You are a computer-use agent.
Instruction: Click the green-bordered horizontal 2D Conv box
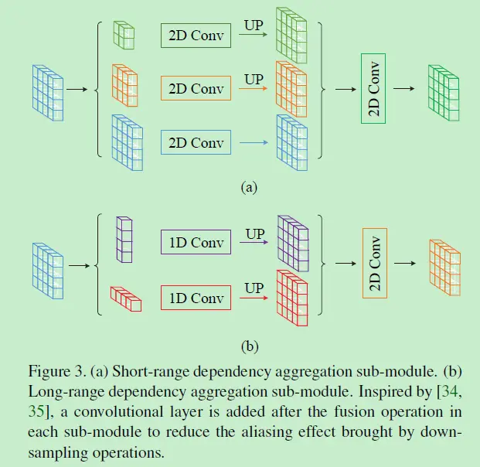click(x=196, y=36)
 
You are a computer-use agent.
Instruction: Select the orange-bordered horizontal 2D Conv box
click(x=196, y=89)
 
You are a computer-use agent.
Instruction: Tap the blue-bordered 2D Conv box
click(x=196, y=143)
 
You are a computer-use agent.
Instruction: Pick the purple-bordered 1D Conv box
click(x=196, y=243)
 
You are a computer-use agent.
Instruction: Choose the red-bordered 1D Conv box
click(x=196, y=298)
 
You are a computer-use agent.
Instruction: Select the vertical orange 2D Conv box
click(x=375, y=263)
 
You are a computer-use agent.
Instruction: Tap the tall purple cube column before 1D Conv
click(x=124, y=240)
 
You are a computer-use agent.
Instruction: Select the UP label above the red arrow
click(x=254, y=288)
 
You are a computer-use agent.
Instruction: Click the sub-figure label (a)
click(x=248, y=186)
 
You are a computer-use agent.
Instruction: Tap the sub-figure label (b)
click(x=248, y=346)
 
